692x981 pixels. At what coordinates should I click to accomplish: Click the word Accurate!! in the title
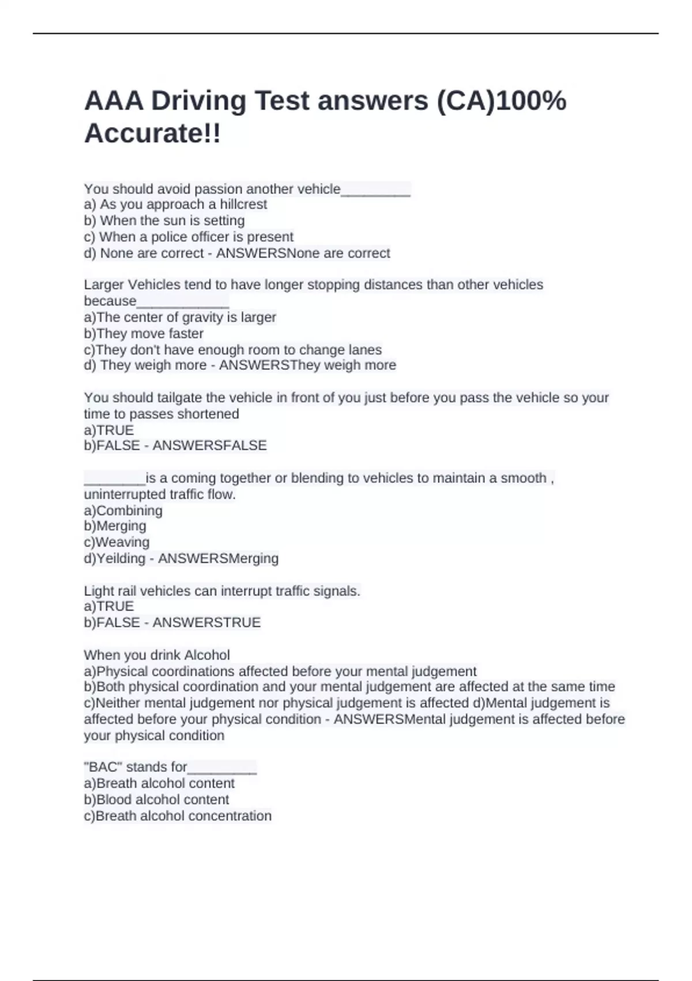tap(152, 133)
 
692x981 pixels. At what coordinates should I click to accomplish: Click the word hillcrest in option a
tap(243, 204)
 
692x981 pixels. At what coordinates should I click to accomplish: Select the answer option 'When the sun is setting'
tap(165, 220)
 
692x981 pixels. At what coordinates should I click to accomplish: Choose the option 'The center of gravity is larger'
tap(180, 317)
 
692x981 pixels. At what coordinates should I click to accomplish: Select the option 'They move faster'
tap(144, 334)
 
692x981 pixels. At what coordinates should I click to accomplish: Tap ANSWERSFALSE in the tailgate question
tap(209, 445)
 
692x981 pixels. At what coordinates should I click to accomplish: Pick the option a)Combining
tap(123, 510)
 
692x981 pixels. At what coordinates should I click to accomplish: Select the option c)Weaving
tap(116, 542)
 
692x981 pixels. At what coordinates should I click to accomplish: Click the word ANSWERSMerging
tap(218, 558)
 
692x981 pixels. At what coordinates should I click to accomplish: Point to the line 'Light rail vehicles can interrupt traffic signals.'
tap(222, 591)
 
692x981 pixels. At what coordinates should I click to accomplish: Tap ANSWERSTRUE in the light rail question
tap(206, 622)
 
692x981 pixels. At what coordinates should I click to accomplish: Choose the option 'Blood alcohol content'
tap(156, 799)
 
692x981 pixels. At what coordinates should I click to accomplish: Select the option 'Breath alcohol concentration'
tap(178, 815)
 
